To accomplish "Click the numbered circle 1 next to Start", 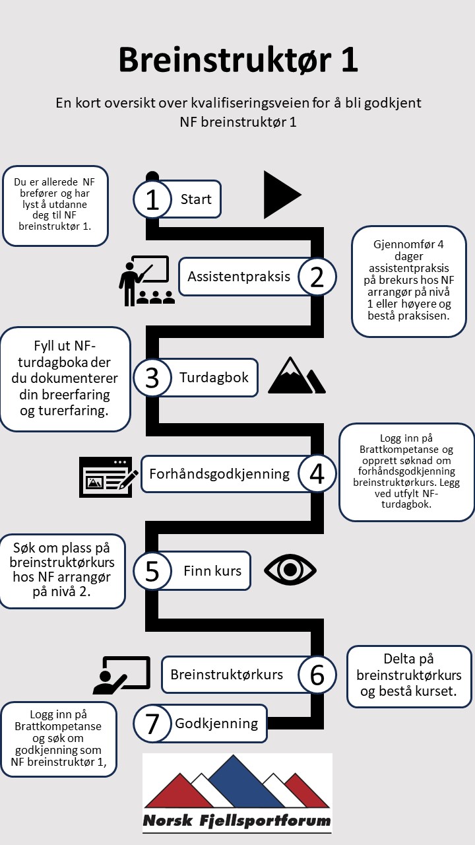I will pos(152,199).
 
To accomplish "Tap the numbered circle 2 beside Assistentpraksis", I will pos(317,277).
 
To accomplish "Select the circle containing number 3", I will pos(152,377).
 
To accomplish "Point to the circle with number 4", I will pos(317,473).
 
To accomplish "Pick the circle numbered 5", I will pos(152,571).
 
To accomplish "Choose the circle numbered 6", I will pos(317,674).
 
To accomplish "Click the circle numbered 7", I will pos(152,724).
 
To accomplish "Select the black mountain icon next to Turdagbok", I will pos(296,376).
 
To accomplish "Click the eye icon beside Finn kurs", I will pos(290,570).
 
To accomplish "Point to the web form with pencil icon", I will pos(109,476).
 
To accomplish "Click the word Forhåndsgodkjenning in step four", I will pos(219,474).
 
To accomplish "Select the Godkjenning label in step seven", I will pos(216,724).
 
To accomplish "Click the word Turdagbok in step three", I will pos(214,378).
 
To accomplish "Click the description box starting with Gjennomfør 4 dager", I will pos(408,281).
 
